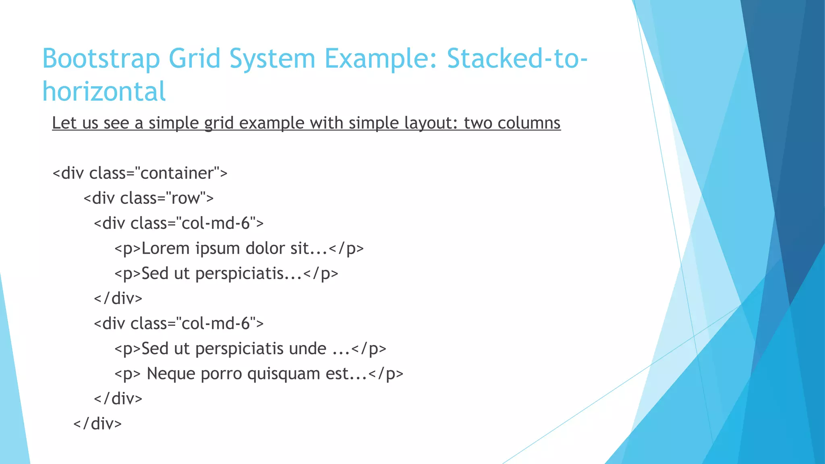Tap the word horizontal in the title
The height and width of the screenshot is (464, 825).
pos(104,91)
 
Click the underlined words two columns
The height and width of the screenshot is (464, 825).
pos(512,123)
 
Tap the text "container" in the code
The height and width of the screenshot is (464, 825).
pos(178,173)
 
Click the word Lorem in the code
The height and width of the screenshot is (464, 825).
pos(166,249)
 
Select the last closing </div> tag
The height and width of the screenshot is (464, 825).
pos(97,424)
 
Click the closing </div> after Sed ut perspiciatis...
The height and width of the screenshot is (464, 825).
pos(118,298)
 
